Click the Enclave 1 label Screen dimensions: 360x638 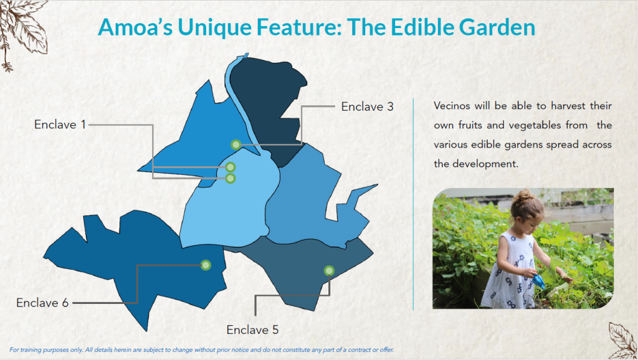click(60, 125)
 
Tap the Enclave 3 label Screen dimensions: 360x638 click(367, 107)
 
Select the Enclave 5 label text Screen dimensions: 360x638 click(252, 329)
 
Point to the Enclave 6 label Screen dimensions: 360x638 click(42, 303)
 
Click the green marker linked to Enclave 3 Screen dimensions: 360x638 click(236, 144)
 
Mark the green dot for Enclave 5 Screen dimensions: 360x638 click(328, 270)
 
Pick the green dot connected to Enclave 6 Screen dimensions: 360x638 click(206, 265)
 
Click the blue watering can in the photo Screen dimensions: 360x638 click(538, 281)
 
